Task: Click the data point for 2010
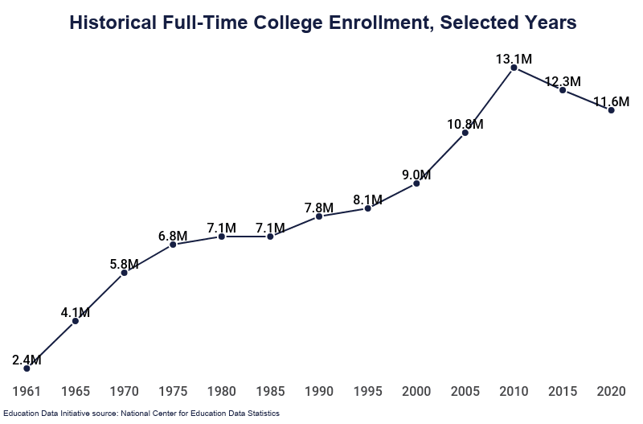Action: tap(514, 68)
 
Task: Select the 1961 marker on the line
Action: tap(27, 368)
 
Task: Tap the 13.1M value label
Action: tap(514, 59)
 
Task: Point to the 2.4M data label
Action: tap(27, 360)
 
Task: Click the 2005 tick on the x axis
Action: tap(465, 391)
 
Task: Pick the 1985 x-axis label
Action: tap(270, 391)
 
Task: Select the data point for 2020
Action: tap(612, 110)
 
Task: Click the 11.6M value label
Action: tap(612, 101)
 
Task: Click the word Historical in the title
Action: tap(113, 23)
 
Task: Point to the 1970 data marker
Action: tap(125, 273)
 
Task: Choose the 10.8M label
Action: tap(465, 124)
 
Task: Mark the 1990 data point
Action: tap(319, 216)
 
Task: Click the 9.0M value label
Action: tap(416, 175)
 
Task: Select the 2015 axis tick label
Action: tap(563, 391)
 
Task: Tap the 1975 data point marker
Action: tap(173, 245)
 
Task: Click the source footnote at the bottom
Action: tap(141, 414)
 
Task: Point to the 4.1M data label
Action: tap(76, 313)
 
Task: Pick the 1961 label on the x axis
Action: tap(27, 391)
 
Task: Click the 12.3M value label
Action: tap(563, 81)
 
